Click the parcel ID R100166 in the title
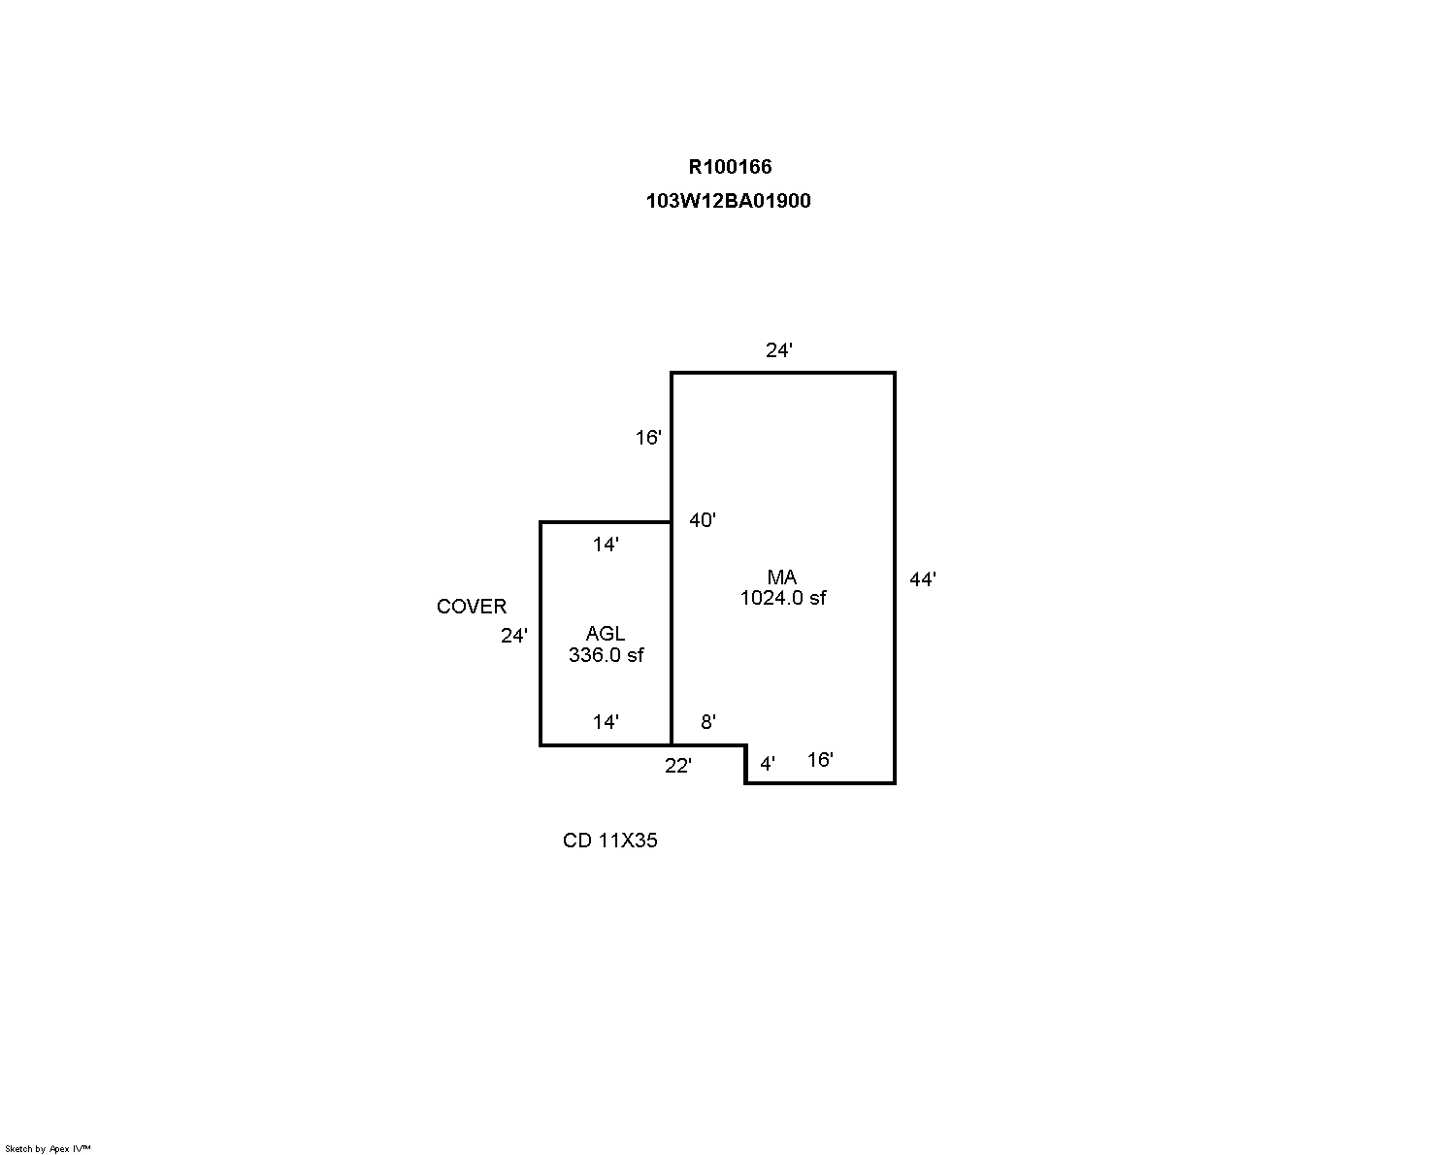(730, 166)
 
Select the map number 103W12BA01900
(728, 201)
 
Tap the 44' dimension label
(923, 579)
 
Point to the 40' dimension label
(703, 520)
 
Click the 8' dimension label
(708, 721)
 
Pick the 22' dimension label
(677, 766)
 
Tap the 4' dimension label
(768, 763)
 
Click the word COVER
(471, 606)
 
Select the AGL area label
(606, 634)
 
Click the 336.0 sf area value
(606, 655)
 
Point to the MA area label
(782, 577)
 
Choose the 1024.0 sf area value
(782, 598)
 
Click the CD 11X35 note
(610, 841)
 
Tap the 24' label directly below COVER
(514, 636)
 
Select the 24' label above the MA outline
(779, 349)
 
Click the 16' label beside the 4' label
(820, 760)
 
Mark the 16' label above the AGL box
(648, 438)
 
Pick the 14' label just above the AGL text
(606, 544)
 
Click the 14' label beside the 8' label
(606, 722)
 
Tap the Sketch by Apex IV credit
(48, 1148)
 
